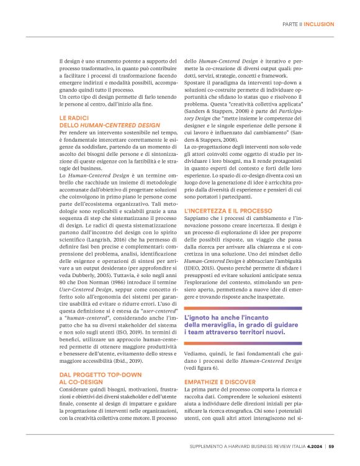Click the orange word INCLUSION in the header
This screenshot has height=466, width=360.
(319, 24)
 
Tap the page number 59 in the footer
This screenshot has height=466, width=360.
(331, 445)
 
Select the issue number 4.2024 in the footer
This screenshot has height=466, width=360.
(312, 445)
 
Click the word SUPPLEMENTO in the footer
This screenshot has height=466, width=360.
(210, 445)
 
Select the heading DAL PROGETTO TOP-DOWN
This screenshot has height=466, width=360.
(96, 375)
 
